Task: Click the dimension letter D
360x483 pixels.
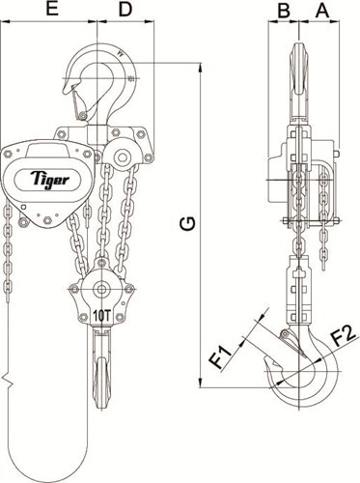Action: pyautogui.click(x=125, y=11)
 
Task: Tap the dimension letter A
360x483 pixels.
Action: pyautogui.click(x=322, y=11)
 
